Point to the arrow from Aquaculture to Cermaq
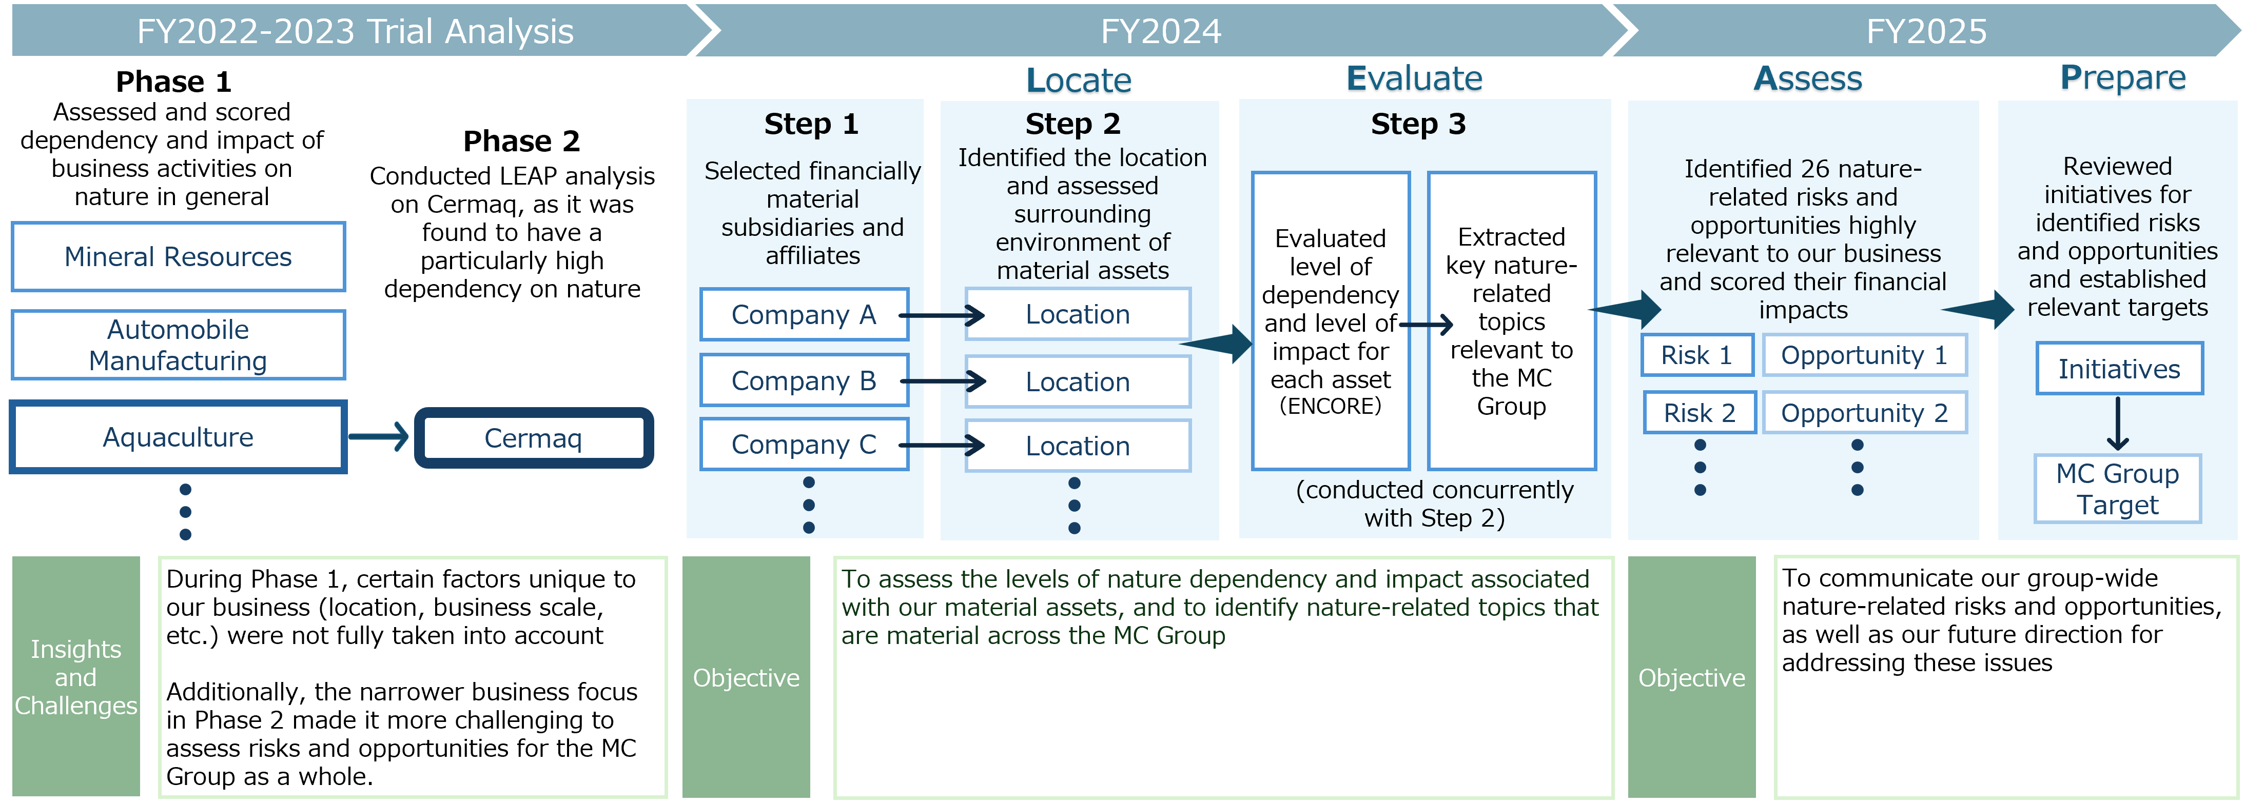(x=379, y=436)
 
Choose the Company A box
(x=804, y=314)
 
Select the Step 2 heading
(x=1073, y=124)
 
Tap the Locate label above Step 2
(x=1078, y=81)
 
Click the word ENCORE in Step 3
(x=1330, y=406)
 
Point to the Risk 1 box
(x=1697, y=355)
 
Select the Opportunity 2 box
(x=1864, y=413)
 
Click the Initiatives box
(x=2119, y=369)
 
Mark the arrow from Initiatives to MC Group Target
(x=2118, y=424)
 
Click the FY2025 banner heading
(x=1926, y=31)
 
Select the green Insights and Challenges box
(x=76, y=677)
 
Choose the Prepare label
(x=2122, y=79)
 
